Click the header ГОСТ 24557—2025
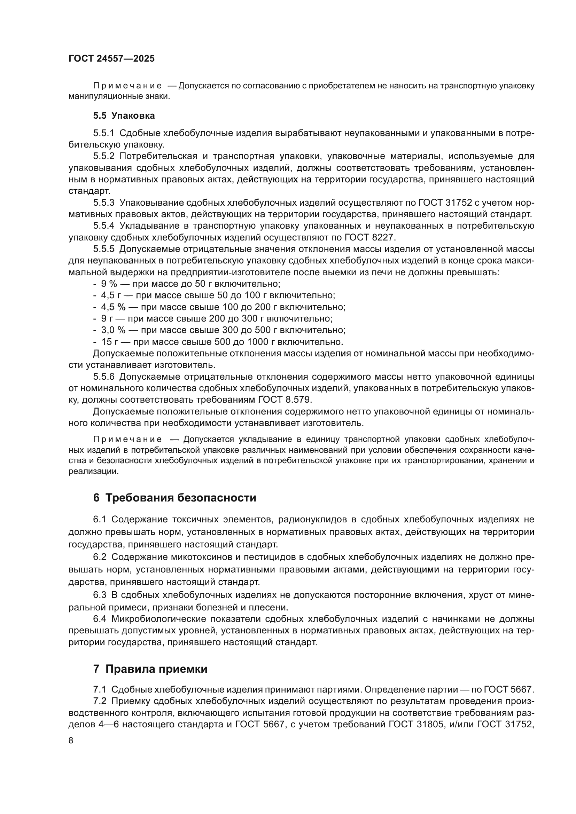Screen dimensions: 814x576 coord(111,58)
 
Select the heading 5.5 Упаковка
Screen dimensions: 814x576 coord(124,116)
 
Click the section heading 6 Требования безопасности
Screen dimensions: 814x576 coord(174,497)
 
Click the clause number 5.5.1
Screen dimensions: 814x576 coord(103,133)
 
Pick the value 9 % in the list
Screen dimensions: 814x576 coord(109,284)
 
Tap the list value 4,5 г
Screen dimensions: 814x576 coord(111,295)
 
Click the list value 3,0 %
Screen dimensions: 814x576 coord(114,330)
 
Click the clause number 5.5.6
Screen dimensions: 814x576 coord(103,377)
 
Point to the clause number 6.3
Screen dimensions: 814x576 coord(100,595)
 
